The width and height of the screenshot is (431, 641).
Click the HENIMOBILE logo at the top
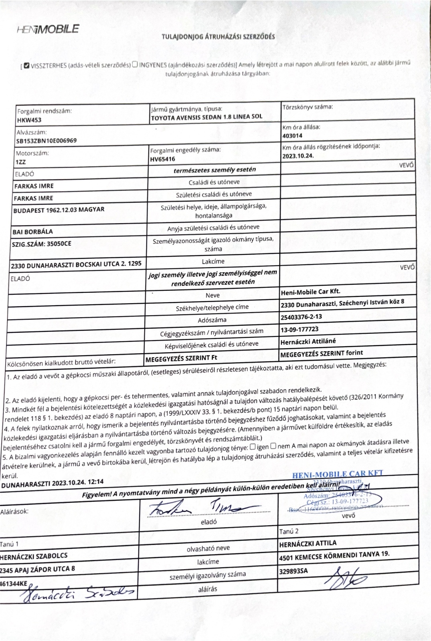[x=48, y=29]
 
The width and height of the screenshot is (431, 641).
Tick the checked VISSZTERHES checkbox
[x=26, y=65]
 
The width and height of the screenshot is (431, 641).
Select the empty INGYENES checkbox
[x=135, y=64]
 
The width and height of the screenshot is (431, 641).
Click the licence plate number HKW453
[x=29, y=120]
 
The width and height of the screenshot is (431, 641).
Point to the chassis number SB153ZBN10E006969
[x=46, y=141]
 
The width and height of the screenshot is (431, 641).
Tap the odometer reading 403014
[x=292, y=136]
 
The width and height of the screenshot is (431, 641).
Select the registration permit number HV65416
[x=162, y=159]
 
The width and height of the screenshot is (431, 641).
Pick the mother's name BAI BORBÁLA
[x=33, y=232]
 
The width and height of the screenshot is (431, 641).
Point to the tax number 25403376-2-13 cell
[x=301, y=316]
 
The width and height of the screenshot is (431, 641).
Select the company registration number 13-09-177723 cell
[x=299, y=329]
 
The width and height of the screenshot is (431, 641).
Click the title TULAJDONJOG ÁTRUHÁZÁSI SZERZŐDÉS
[x=218, y=36]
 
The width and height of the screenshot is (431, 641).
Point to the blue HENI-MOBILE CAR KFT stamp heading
[x=338, y=474]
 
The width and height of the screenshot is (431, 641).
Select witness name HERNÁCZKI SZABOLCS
[x=34, y=556]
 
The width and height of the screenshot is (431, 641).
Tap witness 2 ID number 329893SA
[x=293, y=571]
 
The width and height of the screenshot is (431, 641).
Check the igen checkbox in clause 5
[x=253, y=447]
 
